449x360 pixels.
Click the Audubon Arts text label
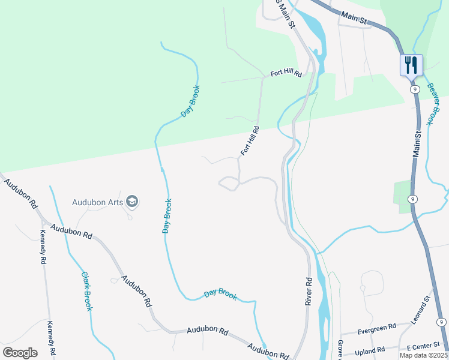click(98, 202)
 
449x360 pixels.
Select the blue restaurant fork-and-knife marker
click(411, 65)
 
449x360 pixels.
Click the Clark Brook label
click(87, 291)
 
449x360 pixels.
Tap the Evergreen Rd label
click(376, 328)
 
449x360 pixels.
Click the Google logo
click(20, 352)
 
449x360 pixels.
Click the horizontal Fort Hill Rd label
click(285, 74)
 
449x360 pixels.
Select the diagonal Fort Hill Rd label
click(250, 141)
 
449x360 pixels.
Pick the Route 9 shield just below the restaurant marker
click(414, 89)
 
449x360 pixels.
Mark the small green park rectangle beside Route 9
click(403, 197)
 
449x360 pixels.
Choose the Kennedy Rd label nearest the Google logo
click(52, 338)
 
